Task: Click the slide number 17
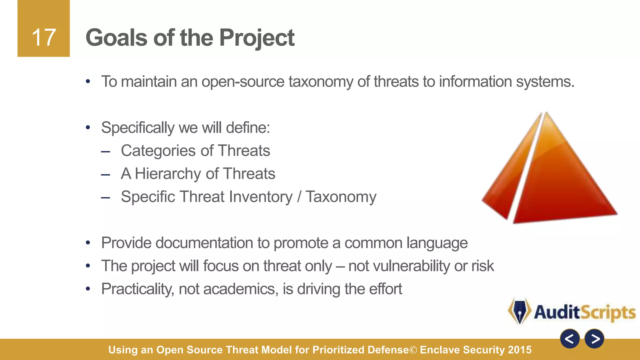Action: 44,37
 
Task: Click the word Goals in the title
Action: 116,37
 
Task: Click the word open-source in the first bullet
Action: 243,82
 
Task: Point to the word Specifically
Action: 137,128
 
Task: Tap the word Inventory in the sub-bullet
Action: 261,197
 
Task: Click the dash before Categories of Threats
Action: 106,152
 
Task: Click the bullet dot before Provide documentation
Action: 88,243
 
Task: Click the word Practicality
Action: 137,289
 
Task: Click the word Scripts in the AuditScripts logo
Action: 608,312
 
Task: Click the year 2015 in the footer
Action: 520,350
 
